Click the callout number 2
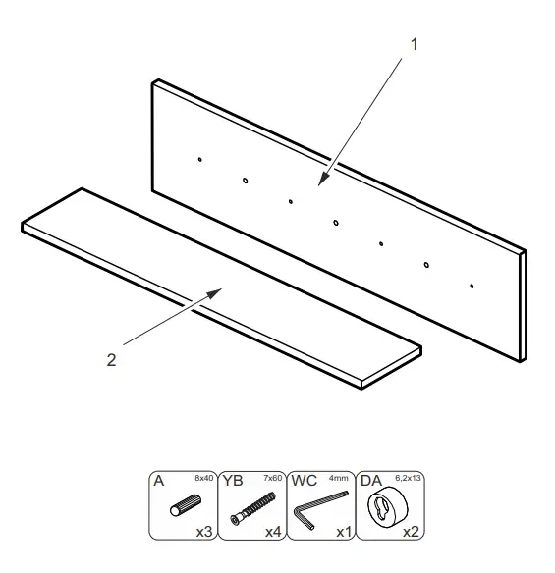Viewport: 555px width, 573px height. coord(111,359)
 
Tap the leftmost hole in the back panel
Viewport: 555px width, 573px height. coord(199,158)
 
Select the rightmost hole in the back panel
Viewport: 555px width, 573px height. coord(472,286)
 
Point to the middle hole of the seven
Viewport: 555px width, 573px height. coord(336,223)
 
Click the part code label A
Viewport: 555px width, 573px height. coord(157,483)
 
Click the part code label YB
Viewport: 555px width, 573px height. coord(233,483)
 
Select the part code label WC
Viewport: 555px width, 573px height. coord(304,483)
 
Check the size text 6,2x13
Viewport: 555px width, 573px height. coord(410,478)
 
